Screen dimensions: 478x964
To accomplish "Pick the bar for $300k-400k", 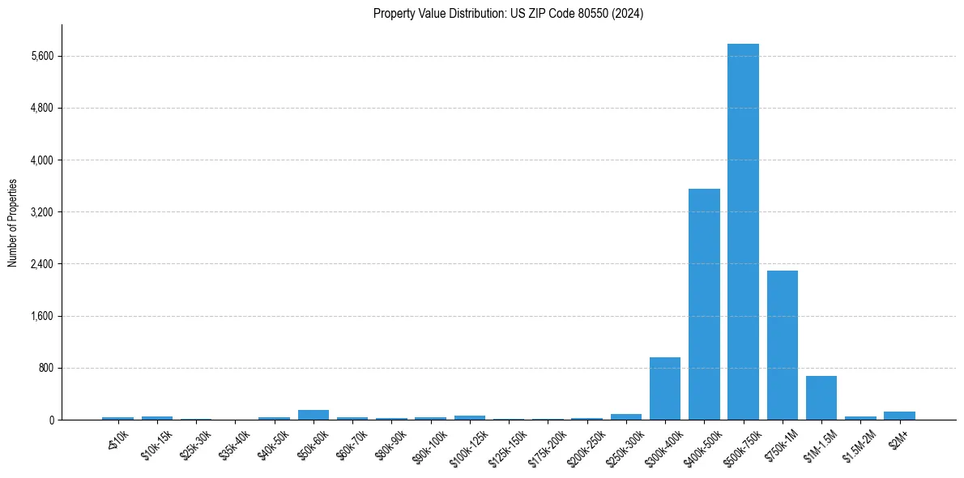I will [665, 389].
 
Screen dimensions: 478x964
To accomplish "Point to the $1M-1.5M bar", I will [821, 398].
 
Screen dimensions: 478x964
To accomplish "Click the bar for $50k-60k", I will [314, 415].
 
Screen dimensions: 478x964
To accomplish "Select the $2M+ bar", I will [899, 416].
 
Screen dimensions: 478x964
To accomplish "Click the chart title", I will [508, 14].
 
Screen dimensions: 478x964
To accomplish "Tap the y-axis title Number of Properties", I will [13, 223].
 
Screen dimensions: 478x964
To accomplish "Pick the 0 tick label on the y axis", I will [50, 420].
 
